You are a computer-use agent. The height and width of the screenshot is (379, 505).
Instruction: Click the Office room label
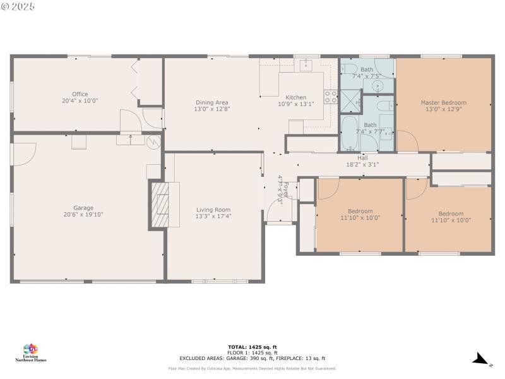tap(80, 94)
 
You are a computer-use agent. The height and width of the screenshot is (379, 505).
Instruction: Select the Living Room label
tap(213, 210)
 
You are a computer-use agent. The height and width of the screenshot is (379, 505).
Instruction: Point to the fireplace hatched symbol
tap(159, 205)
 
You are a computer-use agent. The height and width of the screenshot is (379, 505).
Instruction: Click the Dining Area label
tap(212, 102)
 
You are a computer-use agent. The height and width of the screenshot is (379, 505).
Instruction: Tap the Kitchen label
tap(295, 97)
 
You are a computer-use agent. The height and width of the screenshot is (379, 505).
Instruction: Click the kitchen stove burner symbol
tap(330, 97)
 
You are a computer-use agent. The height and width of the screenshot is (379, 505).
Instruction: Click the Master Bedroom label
tap(443, 102)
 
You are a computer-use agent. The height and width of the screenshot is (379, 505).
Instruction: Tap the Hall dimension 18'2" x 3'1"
tap(362, 164)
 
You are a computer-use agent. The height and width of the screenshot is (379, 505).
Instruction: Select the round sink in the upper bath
tap(377, 86)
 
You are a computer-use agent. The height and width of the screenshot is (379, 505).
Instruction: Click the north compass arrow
tap(480, 359)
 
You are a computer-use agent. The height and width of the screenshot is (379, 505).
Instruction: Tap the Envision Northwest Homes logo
tap(30, 352)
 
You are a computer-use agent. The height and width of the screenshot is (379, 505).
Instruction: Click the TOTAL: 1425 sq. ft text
tap(252, 347)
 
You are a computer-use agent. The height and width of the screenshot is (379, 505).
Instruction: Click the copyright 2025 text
tap(19, 6)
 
